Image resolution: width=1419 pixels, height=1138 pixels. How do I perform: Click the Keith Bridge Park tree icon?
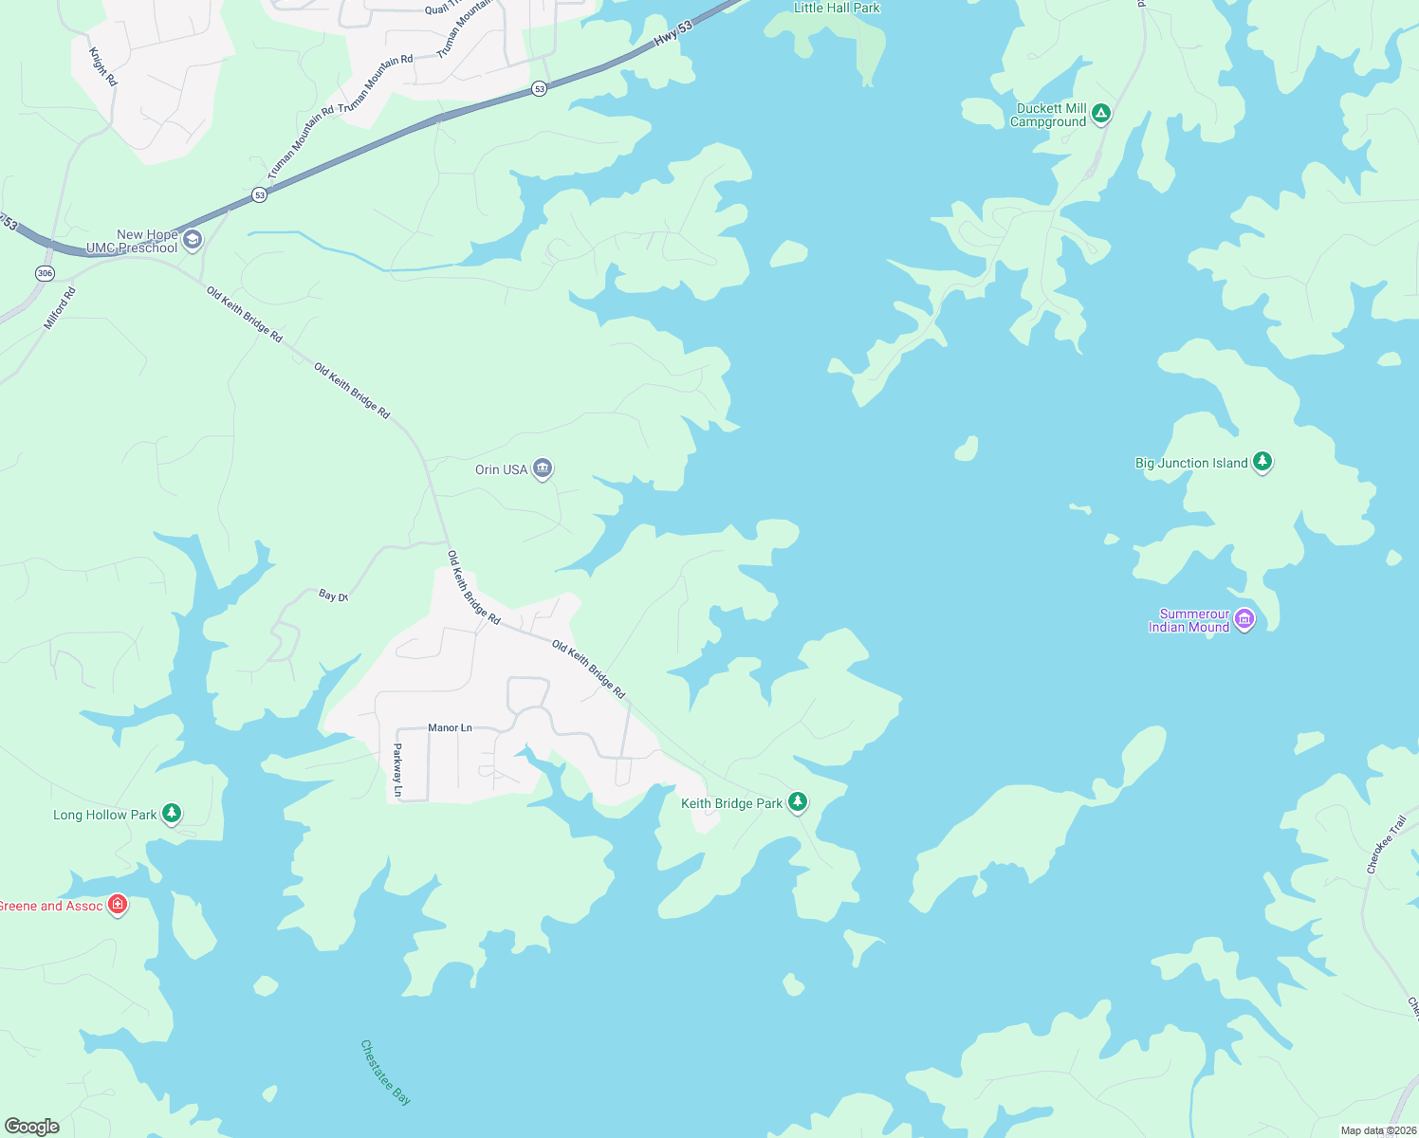tap(798, 802)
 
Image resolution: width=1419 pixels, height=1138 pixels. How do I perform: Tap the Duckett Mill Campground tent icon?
tap(1100, 114)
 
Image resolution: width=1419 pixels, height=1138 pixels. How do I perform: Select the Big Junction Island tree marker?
tap(1262, 462)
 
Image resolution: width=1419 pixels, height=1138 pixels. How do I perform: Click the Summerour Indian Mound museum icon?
tap(1244, 619)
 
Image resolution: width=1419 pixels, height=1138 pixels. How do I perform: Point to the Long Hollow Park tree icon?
tap(171, 813)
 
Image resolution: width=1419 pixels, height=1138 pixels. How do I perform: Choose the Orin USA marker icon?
tap(542, 468)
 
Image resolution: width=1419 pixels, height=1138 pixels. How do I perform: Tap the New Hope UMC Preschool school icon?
tap(193, 240)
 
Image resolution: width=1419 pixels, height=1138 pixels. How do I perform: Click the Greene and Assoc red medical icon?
tap(118, 905)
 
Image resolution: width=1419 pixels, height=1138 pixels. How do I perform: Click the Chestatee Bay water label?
tap(385, 1073)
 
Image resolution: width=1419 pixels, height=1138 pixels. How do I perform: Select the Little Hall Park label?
tap(837, 8)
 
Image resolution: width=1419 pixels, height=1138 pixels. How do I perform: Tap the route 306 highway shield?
tap(45, 273)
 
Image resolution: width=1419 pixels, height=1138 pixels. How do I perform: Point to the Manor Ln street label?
tap(450, 727)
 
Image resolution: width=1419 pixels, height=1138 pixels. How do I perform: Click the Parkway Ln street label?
tap(397, 769)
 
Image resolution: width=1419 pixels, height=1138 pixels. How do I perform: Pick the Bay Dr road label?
tap(333, 596)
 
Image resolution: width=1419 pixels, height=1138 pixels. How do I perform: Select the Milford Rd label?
tap(60, 308)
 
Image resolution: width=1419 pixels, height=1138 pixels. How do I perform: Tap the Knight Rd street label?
tap(103, 66)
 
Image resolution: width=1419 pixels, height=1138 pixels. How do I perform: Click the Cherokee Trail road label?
tap(1386, 844)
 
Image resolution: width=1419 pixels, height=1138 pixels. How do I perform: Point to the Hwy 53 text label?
tap(673, 34)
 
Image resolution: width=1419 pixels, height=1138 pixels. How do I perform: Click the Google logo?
tap(32, 1127)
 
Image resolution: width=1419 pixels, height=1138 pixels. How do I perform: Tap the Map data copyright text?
tap(1378, 1130)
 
